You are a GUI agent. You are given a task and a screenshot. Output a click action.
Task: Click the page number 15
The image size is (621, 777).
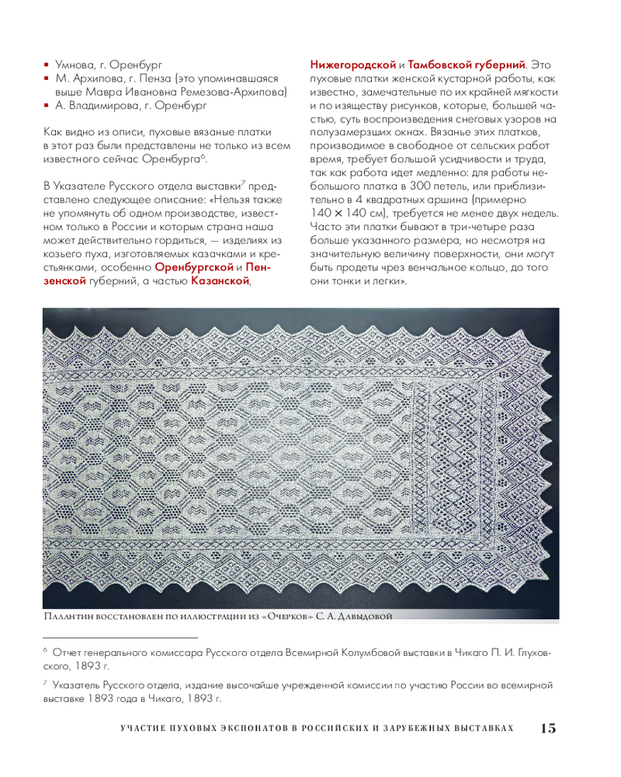(547, 728)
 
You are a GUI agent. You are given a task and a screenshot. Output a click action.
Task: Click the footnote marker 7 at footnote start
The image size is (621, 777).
(46, 684)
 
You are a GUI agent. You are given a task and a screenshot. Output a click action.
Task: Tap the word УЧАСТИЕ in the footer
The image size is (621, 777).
(145, 729)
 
